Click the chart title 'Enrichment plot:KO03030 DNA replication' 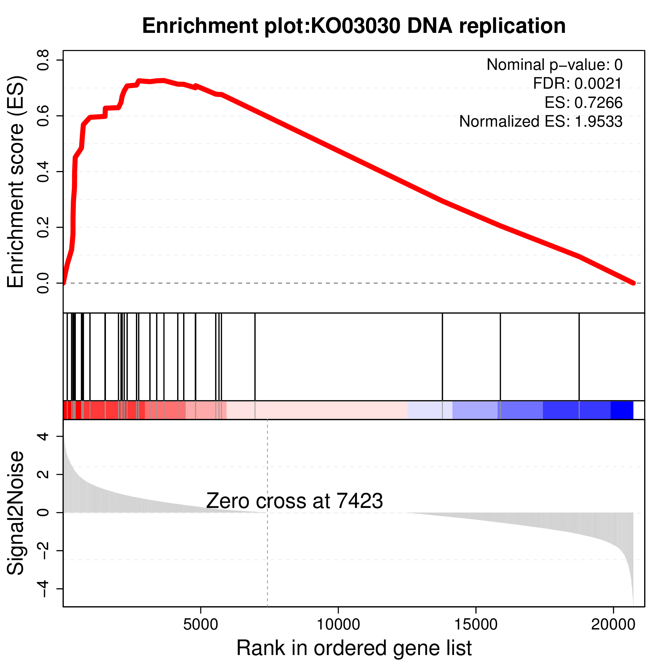(354, 26)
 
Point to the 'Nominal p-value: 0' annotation (554, 65)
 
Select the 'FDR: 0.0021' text (577, 84)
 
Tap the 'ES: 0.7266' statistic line (583, 103)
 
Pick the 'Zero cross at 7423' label (294, 501)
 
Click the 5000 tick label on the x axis (200, 625)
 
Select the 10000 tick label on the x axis (338, 625)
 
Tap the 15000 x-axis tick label (476, 625)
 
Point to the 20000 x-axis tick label (613, 625)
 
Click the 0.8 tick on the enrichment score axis (43, 60)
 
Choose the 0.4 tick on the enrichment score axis (43, 172)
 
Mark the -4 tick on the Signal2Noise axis (43, 589)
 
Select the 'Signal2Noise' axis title (16, 513)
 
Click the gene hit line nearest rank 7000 (255, 357)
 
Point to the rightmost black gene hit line (579, 357)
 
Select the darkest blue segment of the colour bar (622, 410)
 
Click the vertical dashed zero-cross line (267, 555)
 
